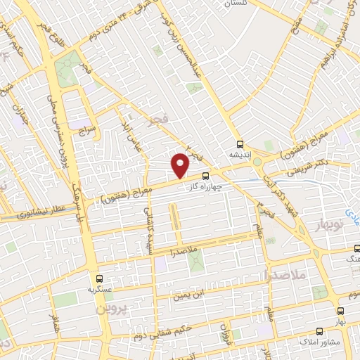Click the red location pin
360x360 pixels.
tap(181, 165)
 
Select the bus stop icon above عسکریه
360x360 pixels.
tap(99, 278)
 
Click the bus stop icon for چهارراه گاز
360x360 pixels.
tap(205, 176)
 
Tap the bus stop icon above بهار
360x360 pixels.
tap(341, 309)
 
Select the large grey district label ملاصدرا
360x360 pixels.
tap(283, 274)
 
